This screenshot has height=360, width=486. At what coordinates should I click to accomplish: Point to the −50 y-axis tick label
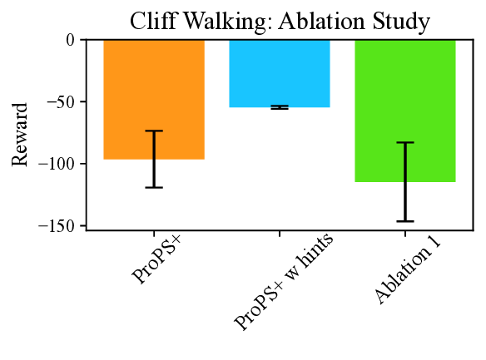pyautogui.click(x=58, y=102)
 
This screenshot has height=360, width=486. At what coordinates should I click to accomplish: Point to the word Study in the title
pyautogui.click(x=403, y=21)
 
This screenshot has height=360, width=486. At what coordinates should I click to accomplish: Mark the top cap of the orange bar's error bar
pyautogui.click(x=154, y=131)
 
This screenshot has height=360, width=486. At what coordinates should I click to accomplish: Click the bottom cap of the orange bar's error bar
pyautogui.click(x=154, y=187)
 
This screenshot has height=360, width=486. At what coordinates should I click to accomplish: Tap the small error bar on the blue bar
pyautogui.click(x=280, y=107)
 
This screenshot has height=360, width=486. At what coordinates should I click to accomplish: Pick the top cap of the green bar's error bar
pyautogui.click(x=405, y=142)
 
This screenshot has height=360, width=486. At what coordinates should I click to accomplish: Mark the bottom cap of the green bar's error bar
pyautogui.click(x=405, y=221)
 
